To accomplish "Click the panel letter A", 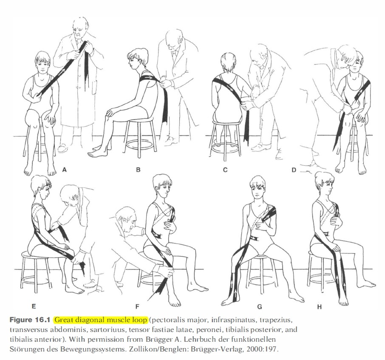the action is tap(65, 170).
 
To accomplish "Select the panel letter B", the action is tap(138, 170).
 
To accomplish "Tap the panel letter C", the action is tap(225, 170).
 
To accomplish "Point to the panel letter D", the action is tap(294, 170).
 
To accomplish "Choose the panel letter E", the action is tap(34, 306).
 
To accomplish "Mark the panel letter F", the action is tap(138, 306).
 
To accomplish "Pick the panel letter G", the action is tap(260, 306).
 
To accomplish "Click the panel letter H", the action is tap(320, 307).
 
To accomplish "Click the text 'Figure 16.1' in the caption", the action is tap(30, 320).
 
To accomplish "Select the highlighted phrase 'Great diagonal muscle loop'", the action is tap(101, 320).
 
